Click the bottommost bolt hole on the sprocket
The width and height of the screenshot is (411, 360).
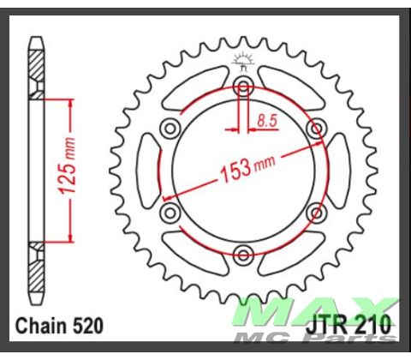pyautogui.click(x=244, y=253)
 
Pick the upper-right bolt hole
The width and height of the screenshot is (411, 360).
pyautogui.click(x=316, y=129)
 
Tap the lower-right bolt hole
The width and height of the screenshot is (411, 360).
pyautogui.click(x=316, y=212)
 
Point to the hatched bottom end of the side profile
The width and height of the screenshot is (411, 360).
pyautogui.click(x=36, y=274)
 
